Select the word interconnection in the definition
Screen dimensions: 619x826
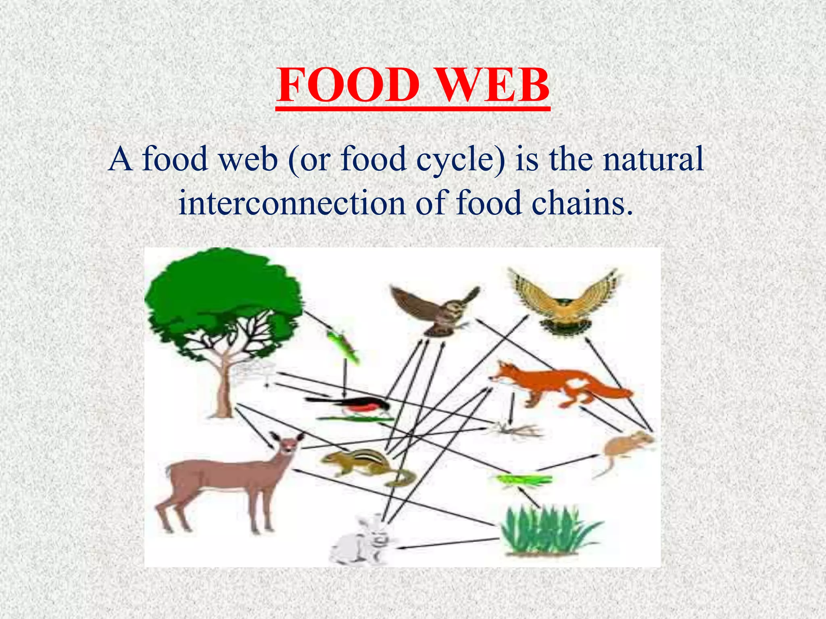coord(292,203)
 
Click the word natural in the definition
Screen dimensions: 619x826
coord(653,159)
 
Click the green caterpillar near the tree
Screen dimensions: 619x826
coord(343,345)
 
